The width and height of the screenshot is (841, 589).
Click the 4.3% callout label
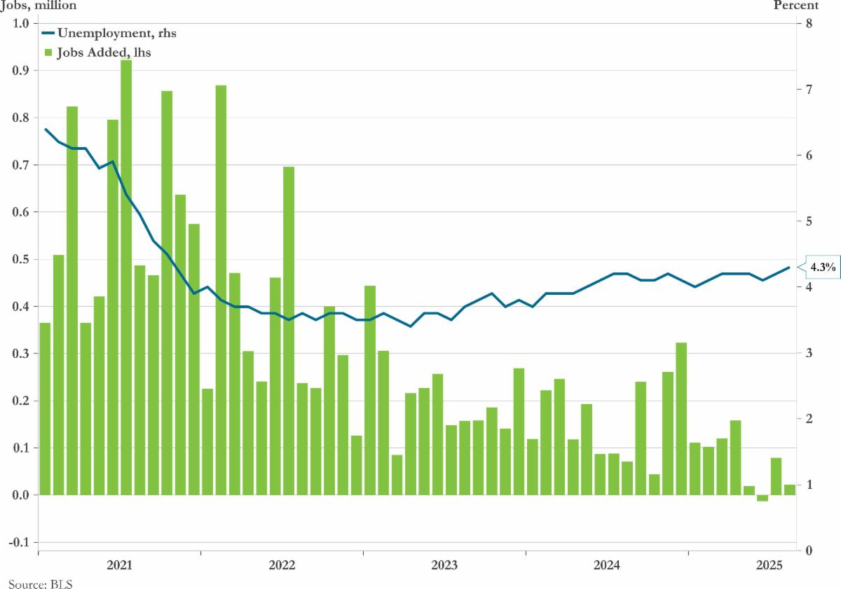(x=823, y=267)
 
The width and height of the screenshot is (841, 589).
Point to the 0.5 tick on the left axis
(x=20, y=260)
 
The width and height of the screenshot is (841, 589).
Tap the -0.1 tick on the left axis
(x=18, y=543)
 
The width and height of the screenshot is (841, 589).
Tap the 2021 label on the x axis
(x=119, y=565)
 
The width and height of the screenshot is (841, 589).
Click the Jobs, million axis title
(x=39, y=6)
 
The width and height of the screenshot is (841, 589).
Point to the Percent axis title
(x=795, y=6)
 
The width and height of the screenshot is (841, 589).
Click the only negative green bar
(x=763, y=498)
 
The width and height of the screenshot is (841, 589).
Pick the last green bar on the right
(x=790, y=490)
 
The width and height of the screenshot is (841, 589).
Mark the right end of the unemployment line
(x=790, y=267)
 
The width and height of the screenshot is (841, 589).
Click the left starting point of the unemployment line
(x=45, y=129)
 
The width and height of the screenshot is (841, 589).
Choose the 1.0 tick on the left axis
(x=20, y=23)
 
